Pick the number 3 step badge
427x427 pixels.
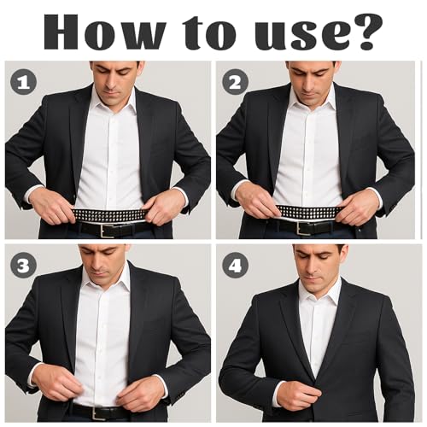[x=23, y=266]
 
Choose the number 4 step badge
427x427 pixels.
[x=234, y=266]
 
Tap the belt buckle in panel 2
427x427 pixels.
[x=303, y=228]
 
